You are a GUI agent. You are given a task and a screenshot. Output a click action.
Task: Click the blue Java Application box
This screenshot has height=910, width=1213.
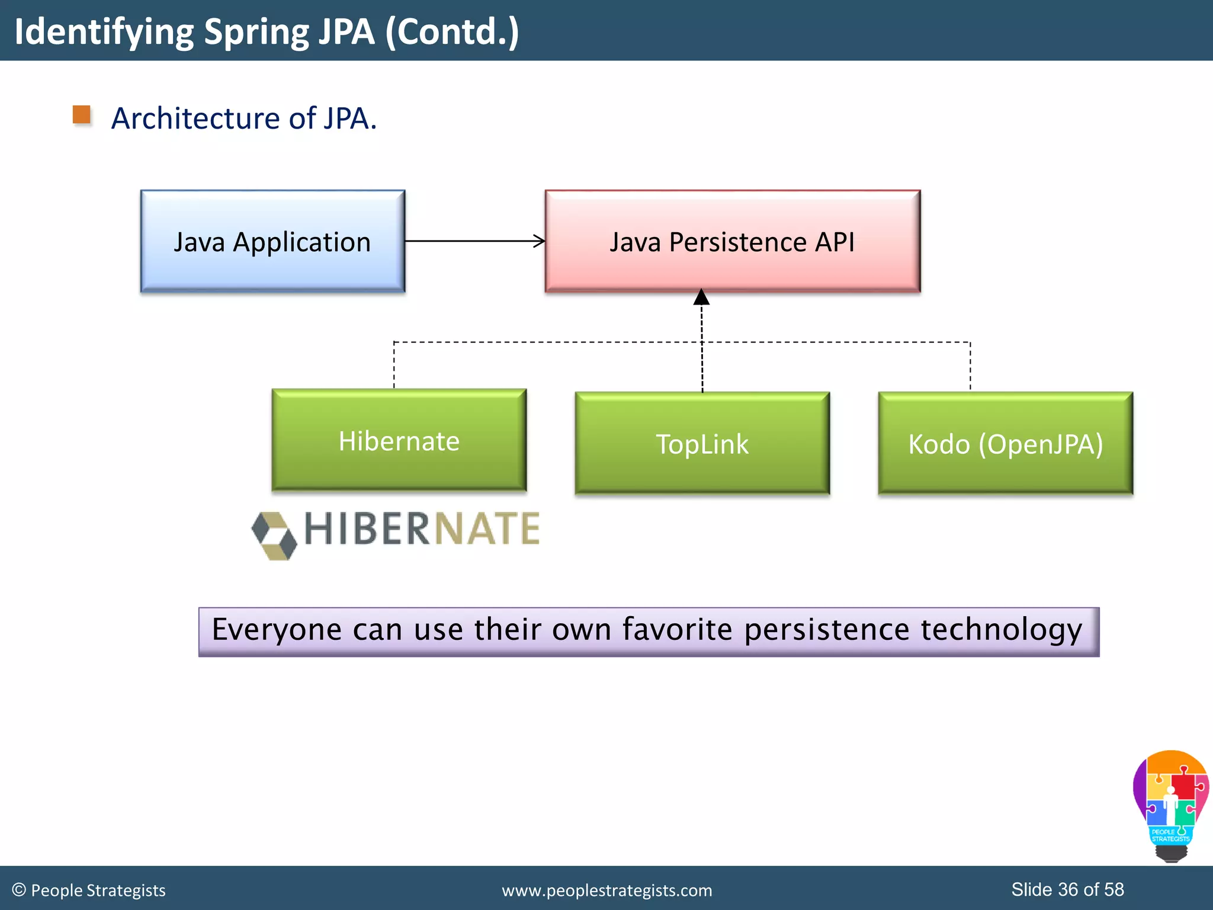(x=272, y=241)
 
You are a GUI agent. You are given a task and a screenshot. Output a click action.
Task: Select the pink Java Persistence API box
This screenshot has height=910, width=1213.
(x=732, y=241)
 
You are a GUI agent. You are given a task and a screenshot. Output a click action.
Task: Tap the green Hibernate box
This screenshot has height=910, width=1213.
(x=399, y=440)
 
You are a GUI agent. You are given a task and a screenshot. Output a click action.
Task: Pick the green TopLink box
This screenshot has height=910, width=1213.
(x=702, y=443)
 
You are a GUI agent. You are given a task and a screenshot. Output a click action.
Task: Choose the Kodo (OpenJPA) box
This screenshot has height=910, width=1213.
(x=1005, y=443)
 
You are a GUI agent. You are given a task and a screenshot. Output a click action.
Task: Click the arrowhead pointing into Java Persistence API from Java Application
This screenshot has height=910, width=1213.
(x=539, y=241)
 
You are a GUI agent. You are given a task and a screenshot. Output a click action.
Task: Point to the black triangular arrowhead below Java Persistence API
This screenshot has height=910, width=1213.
(x=701, y=297)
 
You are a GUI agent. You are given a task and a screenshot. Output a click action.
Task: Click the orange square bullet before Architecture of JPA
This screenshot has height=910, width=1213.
(x=82, y=115)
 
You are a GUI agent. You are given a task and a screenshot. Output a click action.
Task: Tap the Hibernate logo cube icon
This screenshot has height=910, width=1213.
(x=274, y=535)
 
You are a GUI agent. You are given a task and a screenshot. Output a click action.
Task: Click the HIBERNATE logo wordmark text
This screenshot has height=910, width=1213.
(x=422, y=528)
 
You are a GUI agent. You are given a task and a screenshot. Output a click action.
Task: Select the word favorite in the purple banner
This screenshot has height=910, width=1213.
(x=677, y=629)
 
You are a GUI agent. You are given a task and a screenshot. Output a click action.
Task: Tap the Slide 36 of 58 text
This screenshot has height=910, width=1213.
(x=1067, y=889)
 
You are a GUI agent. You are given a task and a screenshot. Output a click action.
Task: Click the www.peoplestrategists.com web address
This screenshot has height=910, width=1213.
(x=606, y=890)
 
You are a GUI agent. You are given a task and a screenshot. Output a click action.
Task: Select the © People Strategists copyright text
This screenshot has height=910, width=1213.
(x=89, y=890)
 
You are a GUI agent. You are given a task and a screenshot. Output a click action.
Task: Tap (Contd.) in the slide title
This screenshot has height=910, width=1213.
(x=452, y=32)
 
